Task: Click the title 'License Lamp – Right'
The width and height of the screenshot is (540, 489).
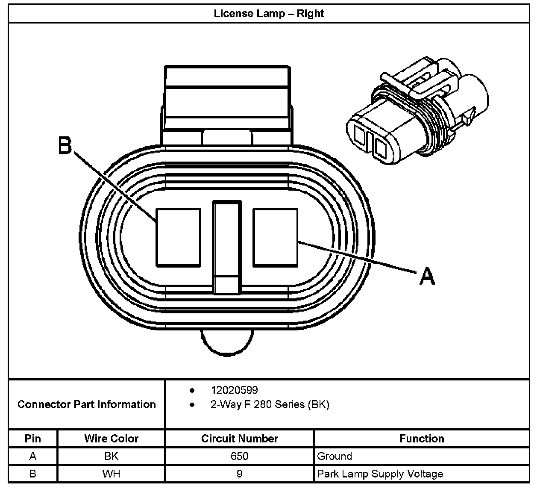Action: pos(269,13)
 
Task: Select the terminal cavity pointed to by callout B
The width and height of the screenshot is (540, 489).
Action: pos(178,237)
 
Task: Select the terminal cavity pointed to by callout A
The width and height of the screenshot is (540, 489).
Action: pos(275,237)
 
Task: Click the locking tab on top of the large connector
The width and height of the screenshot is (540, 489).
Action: pos(227,98)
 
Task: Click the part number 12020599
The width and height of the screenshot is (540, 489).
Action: pos(234,390)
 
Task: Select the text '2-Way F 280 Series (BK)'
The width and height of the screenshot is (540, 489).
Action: pos(270,404)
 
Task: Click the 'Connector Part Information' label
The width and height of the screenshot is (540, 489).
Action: pos(86,404)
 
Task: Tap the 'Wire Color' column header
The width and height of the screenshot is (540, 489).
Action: pos(111,439)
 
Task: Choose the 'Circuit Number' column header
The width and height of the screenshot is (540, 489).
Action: pos(240,439)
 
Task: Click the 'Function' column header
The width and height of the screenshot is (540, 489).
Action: pos(422,439)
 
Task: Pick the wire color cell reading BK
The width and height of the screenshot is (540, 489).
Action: pos(111,456)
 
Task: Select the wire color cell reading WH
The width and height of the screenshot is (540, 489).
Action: pos(111,474)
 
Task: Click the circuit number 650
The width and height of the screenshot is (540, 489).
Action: pos(239,456)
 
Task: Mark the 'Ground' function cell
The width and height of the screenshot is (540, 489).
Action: pos(335,456)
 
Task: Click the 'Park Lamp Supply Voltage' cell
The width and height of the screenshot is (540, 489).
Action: pos(380,474)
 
